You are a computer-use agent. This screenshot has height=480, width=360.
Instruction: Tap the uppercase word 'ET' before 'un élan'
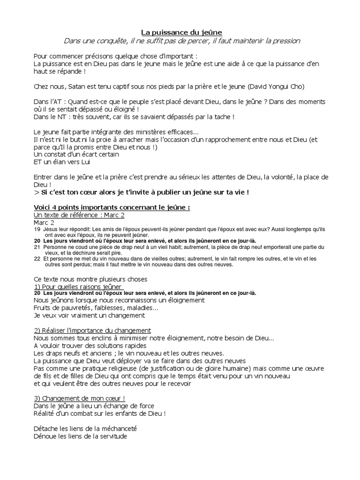(x=38, y=162)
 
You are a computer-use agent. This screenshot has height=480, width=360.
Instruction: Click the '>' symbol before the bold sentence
(x=37, y=192)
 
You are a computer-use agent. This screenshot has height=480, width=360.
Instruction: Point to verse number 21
(x=37, y=247)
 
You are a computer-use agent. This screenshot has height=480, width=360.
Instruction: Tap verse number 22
(x=37, y=258)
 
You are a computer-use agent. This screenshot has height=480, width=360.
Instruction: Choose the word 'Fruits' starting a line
(x=45, y=308)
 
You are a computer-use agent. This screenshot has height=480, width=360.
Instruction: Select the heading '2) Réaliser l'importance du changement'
(x=92, y=330)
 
